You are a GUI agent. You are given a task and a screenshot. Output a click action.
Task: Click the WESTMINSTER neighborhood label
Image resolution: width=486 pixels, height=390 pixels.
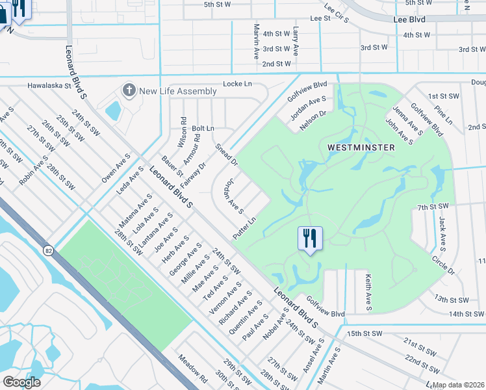click(361, 148)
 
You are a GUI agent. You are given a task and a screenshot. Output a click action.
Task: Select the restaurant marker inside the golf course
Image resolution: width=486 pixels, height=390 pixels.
click(310, 239)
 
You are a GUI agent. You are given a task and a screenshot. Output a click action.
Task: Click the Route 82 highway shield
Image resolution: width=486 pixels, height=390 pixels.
click(49, 250)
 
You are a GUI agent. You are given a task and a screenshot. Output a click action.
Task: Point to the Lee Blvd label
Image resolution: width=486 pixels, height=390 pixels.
click(409, 20)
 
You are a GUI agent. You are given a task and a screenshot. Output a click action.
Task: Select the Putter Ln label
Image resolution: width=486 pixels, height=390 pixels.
click(245, 227)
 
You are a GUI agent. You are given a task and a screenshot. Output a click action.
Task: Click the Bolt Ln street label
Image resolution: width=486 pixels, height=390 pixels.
click(203, 129)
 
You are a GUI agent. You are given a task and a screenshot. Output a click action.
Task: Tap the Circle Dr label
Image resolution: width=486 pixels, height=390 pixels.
click(443, 265)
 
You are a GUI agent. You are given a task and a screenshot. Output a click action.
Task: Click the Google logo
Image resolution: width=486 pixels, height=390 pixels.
click(21, 382)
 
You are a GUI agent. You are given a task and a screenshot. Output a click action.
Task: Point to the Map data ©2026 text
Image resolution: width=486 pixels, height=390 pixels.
click(459, 385)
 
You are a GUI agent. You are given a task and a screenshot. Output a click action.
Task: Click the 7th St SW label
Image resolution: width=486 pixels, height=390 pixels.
click(433, 207)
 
